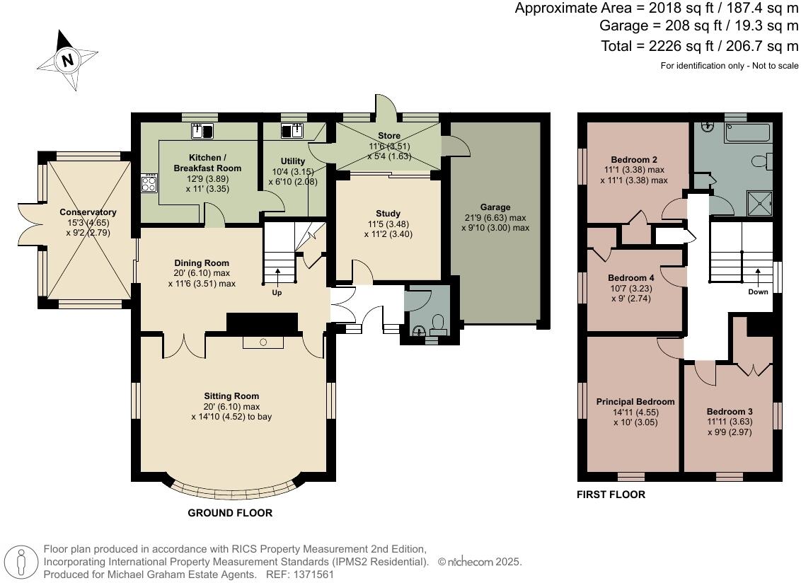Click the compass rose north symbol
pos(68,60)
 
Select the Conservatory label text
pos(88,212)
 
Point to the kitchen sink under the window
pos(203,130)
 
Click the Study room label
pos(388,213)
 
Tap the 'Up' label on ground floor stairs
pos(277,292)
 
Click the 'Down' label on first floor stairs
pos(758,291)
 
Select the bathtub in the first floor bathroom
pos(746,132)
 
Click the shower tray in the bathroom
pos(761,204)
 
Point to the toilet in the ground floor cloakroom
pos(438,325)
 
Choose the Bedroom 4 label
pos(631,278)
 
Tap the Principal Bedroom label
pos(635,401)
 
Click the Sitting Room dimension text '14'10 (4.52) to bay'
pos(231,417)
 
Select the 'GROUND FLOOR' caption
pos(230,513)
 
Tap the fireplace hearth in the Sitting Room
pos(263,342)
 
